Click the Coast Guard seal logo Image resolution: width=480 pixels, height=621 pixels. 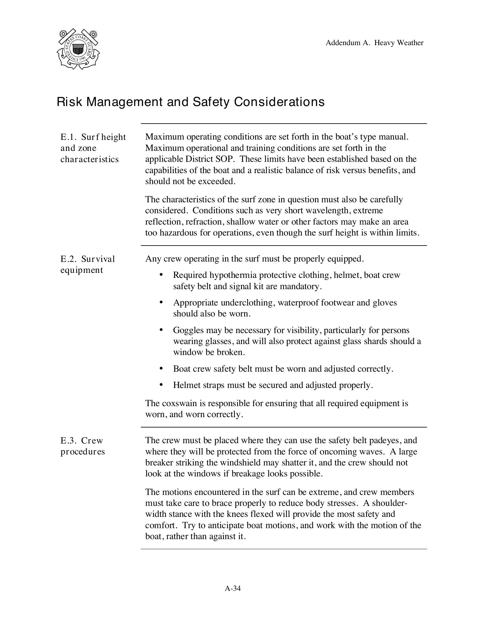(x=78, y=49)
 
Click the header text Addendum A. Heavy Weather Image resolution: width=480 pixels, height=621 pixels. (x=374, y=43)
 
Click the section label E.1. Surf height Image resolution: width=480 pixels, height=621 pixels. (x=93, y=137)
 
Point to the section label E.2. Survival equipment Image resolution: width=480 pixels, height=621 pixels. (x=88, y=264)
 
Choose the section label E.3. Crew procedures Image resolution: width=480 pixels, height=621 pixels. (x=83, y=446)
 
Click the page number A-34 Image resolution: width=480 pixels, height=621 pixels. (x=232, y=588)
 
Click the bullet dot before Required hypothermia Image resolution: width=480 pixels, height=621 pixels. (x=161, y=275)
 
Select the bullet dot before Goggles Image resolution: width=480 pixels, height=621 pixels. (x=161, y=330)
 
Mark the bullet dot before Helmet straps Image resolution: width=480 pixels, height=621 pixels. (x=161, y=385)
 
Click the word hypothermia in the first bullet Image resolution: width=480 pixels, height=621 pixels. (x=233, y=275)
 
